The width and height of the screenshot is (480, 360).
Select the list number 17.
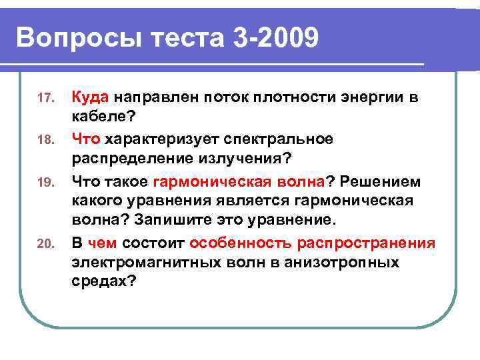click(x=44, y=99)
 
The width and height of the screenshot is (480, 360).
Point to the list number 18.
click(x=44, y=141)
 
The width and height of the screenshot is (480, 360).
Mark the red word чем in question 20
click(x=105, y=243)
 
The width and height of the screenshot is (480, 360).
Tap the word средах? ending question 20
click(x=104, y=281)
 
